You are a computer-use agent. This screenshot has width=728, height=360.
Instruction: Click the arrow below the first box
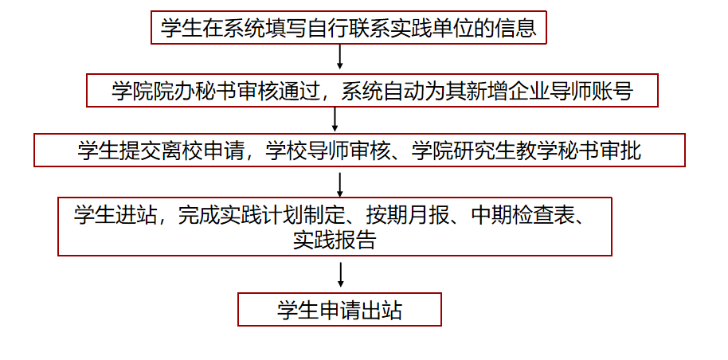[339, 57]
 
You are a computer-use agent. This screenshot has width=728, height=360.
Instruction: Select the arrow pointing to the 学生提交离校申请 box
[335, 119]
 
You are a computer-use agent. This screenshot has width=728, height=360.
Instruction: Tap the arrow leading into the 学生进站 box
[339, 185]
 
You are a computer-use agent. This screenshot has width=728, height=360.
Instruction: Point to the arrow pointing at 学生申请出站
[341, 275]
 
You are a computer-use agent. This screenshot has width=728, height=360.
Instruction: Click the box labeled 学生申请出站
[339, 309]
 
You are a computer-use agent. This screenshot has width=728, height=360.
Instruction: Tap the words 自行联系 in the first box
[348, 28]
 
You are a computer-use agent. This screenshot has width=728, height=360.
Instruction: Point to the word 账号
[613, 91]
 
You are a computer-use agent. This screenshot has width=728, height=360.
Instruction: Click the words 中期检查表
[523, 215]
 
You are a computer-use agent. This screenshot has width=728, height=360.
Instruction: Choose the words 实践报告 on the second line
[335, 240]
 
